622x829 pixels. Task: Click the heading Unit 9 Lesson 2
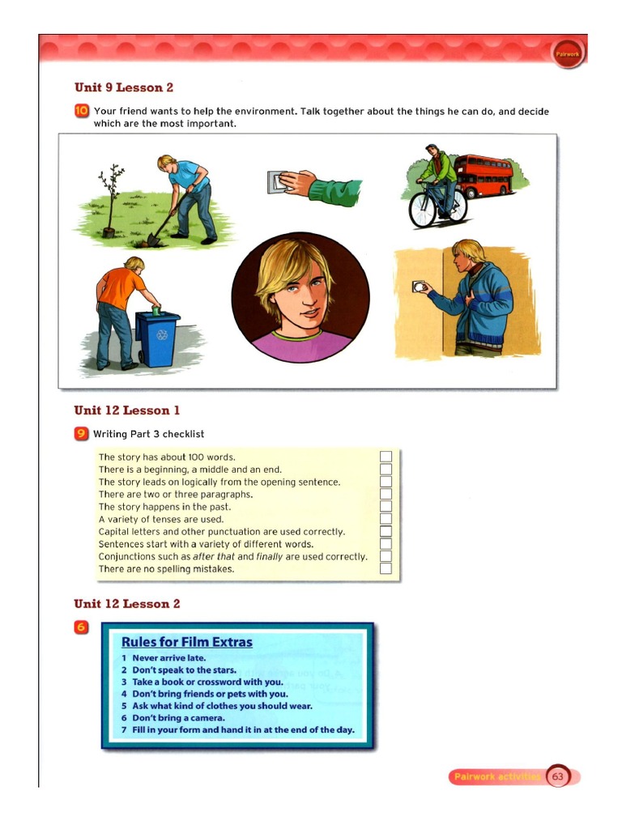click(123, 87)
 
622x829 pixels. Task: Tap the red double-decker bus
click(483, 176)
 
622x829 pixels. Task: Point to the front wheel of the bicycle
click(422, 210)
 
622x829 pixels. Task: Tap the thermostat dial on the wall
click(419, 286)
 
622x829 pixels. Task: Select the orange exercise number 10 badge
click(81, 112)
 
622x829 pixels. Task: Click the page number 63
click(557, 776)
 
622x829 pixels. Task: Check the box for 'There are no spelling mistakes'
click(386, 568)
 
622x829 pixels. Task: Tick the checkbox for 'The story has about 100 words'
click(386, 457)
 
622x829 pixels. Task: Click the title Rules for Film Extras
click(187, 642)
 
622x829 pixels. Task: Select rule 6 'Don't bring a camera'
click(173, 717)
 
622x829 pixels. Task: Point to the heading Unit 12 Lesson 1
click(126, 410)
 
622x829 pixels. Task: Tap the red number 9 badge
click(81, 434)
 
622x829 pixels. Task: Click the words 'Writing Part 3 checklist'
click(148, 434)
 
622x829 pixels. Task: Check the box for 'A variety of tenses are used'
click(386, 519)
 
